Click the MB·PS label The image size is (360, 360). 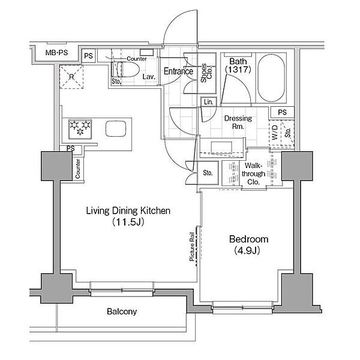[x=57, y=53]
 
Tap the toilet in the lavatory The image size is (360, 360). [x=125, y=69]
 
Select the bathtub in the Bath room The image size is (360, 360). [x=271, y=78]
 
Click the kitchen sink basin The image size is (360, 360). [x=116, y=128]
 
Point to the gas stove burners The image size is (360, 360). [x=80, y=129]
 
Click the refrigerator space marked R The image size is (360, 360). [x=71, y=77]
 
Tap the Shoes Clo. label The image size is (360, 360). [x=206, y=73]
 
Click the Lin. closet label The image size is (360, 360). [x=208, y=102]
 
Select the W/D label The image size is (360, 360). [x=275, y=133]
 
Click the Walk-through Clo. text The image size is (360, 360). [x=253, y=174]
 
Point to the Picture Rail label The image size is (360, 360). [x=192, y=247]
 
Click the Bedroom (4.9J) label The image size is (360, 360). [x=248, y=245]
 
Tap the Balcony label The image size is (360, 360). [x=122, y=311]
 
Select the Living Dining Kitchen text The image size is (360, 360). [x=128, y=211]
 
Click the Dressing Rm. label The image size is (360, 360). [x=238, y=122]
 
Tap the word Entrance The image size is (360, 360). [x=178, y=71]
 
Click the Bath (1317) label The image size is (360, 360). [x=238, y=65]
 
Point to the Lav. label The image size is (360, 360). [x=149, y=77]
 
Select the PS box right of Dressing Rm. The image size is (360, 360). [x=283, y=112]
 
